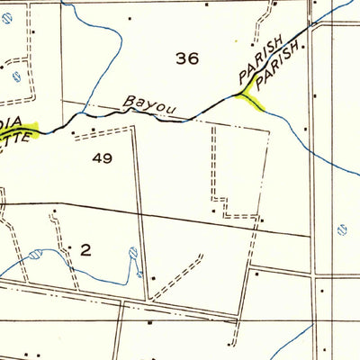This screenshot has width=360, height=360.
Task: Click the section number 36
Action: pyautogui.click(x=187, y=59)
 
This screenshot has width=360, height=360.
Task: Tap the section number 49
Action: pyautogui.click(x=102, y=158)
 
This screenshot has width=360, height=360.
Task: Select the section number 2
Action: pyautogui.click(x=86, y=250)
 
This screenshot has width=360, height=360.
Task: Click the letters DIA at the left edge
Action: pyautogui.click(x=12, y=122)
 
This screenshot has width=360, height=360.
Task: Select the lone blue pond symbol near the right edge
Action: pyautogui.click(x=342, y=229)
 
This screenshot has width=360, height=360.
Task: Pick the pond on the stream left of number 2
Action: pyautogui.click(x=34, y=255)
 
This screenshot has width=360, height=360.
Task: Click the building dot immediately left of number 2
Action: pyautogui.click(x=70, y=245)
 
